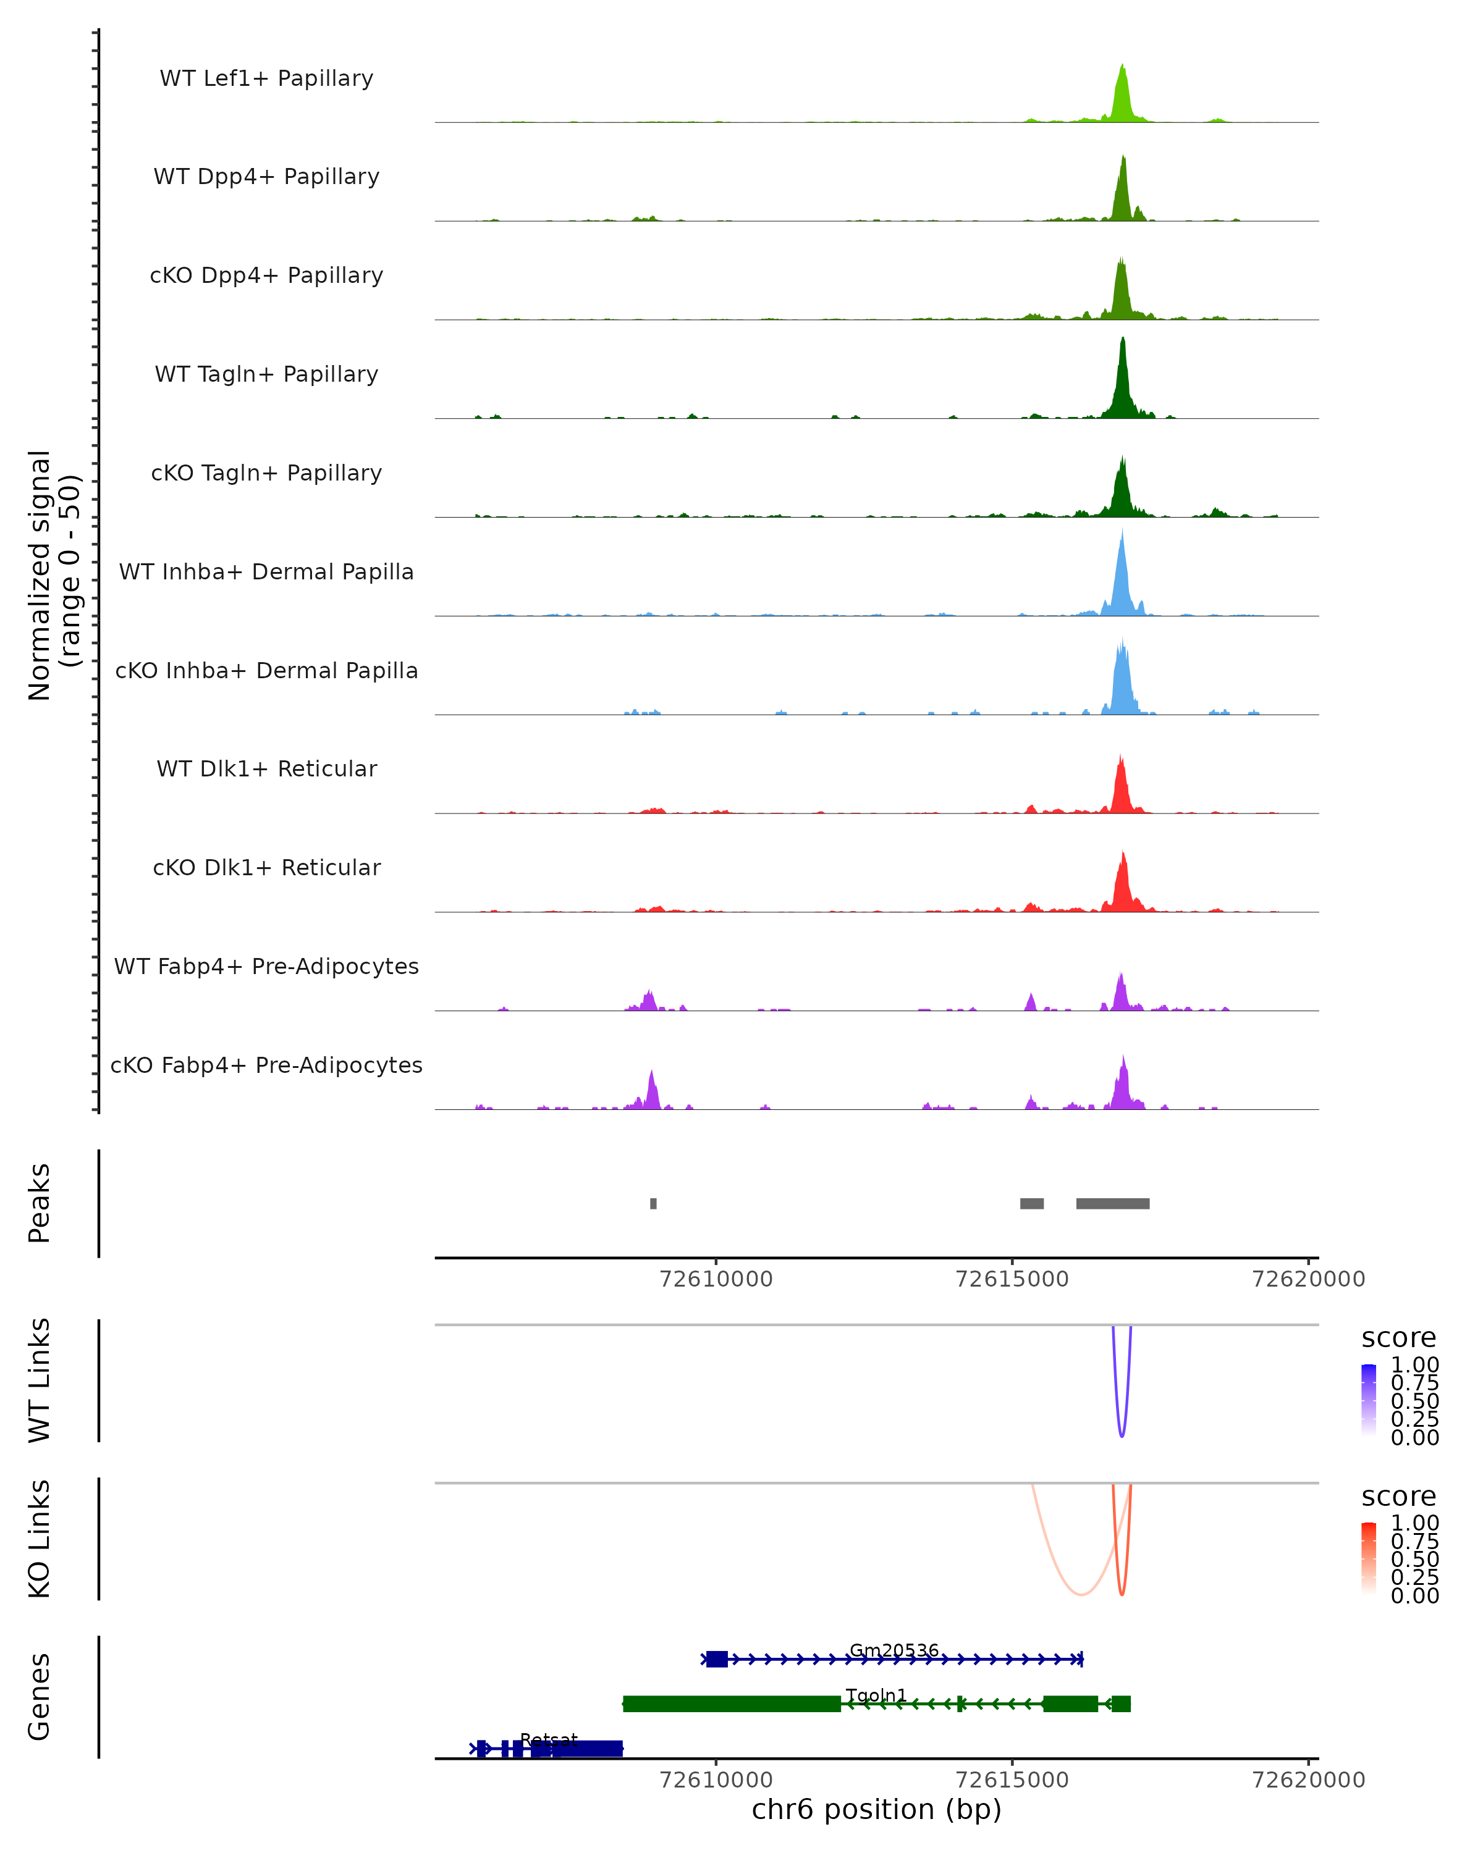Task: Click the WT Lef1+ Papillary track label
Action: tap(266, 78)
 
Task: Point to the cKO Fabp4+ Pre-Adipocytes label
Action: tap(266, 1065)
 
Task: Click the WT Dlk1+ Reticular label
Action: tap(266, 769)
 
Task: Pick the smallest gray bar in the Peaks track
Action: tap(653, 1203)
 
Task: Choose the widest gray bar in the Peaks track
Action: tap(1112, 1203)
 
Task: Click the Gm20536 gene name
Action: tap(894, 1650)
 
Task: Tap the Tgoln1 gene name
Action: tap(876, 1695)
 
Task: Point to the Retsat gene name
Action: tap(549, 1739)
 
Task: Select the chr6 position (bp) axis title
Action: tap(876, 1809)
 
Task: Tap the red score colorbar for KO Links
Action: tap(1369, 1558)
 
